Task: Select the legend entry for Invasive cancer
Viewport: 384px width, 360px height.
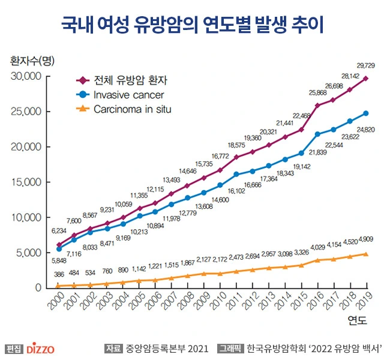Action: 128,95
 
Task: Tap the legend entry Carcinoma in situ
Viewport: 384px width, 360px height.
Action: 132,109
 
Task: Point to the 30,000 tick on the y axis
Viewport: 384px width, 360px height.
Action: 25,76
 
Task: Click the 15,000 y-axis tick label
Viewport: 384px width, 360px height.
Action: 25,182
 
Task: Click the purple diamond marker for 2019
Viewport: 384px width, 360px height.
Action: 366,79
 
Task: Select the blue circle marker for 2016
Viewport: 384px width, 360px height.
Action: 318,134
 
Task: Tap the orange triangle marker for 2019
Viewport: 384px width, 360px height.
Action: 366,254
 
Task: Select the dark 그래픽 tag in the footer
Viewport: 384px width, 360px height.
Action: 230,348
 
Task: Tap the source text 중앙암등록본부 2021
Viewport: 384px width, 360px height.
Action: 167,348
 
